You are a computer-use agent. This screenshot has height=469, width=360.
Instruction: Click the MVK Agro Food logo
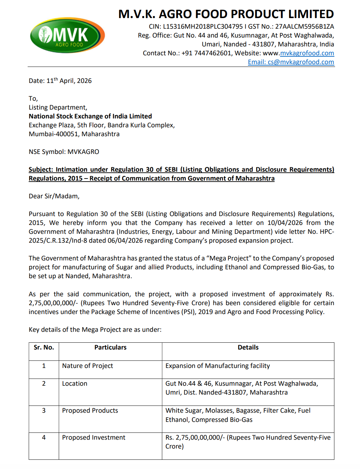coord(67,35)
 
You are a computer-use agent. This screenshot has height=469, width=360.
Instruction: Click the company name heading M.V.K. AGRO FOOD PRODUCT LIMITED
coord(226,14)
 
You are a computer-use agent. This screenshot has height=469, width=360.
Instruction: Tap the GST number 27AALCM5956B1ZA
coord(305,27)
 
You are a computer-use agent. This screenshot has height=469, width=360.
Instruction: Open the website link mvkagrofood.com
coord(307,53)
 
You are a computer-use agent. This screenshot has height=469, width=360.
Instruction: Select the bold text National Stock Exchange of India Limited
coord(90,116)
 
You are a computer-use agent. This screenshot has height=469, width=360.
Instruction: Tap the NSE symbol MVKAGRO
coord(83,152)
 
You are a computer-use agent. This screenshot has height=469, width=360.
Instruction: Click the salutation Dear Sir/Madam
coord(54,196)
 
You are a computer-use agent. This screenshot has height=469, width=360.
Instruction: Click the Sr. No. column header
coord(44,347)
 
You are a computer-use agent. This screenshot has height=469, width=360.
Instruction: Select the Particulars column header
coord(110,347)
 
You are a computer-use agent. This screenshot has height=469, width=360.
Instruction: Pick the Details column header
coord(248,347)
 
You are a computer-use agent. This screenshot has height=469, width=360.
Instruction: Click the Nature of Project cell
coord(87,366)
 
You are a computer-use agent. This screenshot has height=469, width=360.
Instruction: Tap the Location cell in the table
coord(74,384)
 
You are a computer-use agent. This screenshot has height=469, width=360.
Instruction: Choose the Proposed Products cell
coord(90,411)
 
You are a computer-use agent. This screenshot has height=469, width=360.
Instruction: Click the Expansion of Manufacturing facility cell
coord(218,366)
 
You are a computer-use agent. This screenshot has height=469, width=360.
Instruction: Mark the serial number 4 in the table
coord(44,438)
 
